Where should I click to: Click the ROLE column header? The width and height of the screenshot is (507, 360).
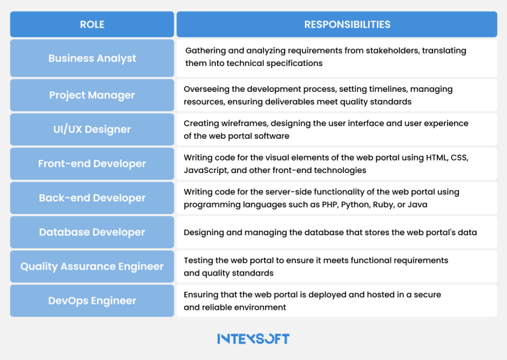92,24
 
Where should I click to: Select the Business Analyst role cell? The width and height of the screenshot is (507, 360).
92,58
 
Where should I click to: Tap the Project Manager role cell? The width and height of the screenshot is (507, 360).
92,95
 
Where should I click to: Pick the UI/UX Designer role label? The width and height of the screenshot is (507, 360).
92,129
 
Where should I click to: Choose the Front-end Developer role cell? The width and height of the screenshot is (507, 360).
92,164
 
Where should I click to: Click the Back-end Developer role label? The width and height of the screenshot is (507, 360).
92,198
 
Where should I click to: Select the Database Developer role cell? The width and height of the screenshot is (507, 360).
92,233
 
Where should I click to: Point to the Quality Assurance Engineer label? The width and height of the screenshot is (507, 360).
92,267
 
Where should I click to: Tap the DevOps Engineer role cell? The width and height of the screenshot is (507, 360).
92,301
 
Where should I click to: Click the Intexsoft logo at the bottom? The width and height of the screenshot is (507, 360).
253,339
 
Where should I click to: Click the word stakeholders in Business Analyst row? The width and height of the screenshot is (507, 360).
384,51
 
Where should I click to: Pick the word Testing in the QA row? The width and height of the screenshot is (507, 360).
199,261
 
